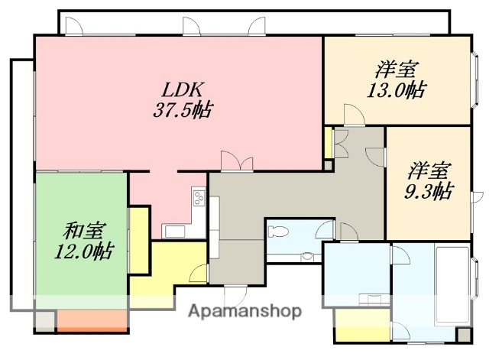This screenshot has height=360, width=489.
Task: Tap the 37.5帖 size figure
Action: click(180, 109)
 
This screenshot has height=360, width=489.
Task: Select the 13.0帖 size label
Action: click(396, 89)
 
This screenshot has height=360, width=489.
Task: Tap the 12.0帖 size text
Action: click(83, 250)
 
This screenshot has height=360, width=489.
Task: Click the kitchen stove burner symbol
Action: click(199, 199)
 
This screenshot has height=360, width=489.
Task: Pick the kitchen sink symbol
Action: click(173, 232)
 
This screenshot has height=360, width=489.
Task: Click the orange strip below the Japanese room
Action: click(92, 320)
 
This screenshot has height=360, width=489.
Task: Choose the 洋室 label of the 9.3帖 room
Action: click(429, 169)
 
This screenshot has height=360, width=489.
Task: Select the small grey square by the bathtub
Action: click(464, 335)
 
